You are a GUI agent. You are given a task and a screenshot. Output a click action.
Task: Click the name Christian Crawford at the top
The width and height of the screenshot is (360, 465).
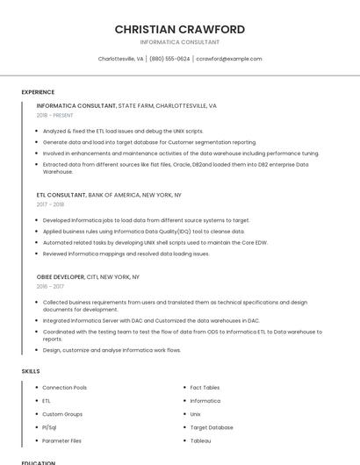(x=179, y=30)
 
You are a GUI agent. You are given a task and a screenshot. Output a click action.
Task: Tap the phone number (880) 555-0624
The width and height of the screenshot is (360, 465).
(x=169, y=59)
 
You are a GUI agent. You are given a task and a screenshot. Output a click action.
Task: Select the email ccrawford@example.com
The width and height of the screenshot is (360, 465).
(x=228, y=59)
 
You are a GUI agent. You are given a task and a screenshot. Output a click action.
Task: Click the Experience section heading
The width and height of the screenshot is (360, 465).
(x=38, y=92)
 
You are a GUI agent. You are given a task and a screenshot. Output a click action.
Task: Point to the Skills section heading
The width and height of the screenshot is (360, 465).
(x=31, y=371)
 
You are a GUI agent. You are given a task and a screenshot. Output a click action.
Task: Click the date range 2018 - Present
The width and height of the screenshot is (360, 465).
(x=54, y=115)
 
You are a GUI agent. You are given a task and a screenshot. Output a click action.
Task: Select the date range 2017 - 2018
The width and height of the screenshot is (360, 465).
(x=50, y=204)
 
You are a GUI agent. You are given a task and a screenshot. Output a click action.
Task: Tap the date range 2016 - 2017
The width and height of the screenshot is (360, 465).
(x=50, y=286)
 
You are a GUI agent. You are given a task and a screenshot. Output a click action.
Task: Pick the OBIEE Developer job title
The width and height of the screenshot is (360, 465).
(x=61, y=276)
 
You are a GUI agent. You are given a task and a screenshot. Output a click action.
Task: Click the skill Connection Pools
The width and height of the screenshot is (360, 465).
(x=64, y=387)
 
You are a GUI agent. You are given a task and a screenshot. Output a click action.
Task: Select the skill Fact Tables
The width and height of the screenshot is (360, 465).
(x=205, y=387)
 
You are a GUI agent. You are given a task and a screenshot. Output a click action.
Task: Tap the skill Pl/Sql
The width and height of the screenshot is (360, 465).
(x=49, y=427)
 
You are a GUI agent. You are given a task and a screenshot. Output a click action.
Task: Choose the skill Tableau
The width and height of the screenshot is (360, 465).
(x=200, y=440)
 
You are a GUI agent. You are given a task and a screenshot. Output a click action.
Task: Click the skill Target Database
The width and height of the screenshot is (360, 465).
(x=212, y=427)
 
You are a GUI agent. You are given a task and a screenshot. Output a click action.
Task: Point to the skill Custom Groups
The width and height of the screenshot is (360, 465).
(x=62, y=414)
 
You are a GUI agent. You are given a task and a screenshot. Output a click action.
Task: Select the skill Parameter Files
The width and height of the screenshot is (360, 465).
(x=61, y=440)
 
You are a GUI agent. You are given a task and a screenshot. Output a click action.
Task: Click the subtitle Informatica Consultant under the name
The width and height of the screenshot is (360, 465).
(x=179, y=42)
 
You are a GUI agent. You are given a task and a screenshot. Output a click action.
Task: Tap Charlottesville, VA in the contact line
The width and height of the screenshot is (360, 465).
(x=120, y=59)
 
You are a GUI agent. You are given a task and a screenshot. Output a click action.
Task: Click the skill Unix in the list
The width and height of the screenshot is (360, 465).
(x=196, y=414)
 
